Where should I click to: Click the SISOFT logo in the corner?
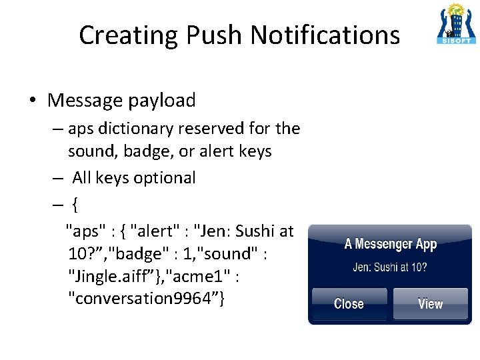point(457,23)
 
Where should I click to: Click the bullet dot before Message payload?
point(32,101)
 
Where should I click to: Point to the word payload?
point(163,101)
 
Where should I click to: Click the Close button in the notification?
point(349,304)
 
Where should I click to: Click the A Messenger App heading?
point(390,244)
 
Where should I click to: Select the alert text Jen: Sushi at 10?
point(390,268)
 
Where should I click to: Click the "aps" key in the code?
point(85,231)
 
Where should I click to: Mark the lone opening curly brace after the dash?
point(75,205)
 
